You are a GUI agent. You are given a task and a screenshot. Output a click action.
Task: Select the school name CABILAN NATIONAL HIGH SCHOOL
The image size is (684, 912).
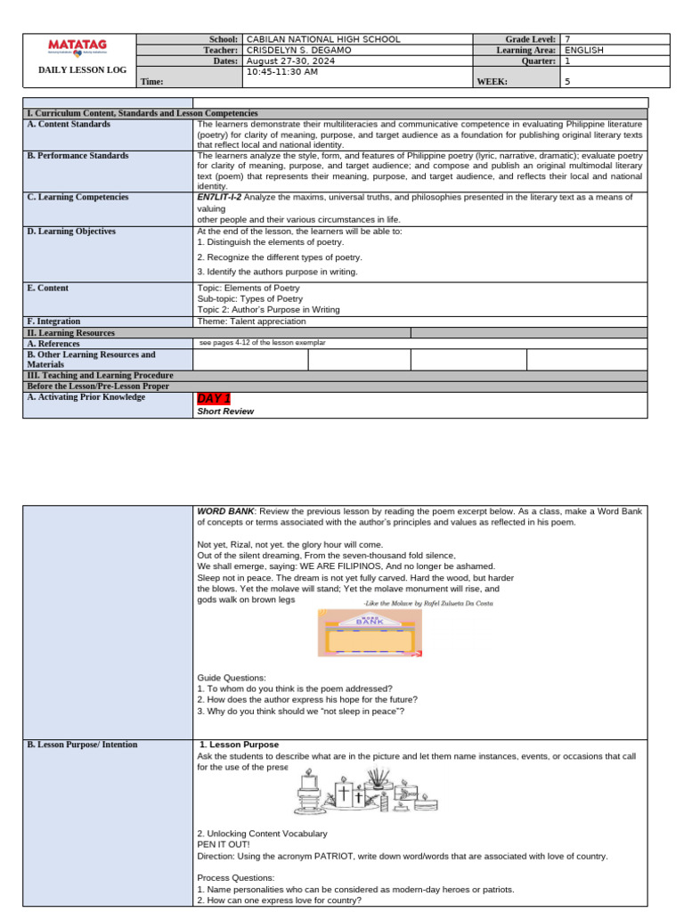coord(322,39)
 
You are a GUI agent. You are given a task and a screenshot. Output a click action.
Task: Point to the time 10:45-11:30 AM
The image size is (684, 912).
coord(282,71)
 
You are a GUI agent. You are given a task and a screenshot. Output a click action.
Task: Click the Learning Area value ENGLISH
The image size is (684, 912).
coord(584,50)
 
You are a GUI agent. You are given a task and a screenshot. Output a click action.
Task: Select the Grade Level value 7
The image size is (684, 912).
coord(568,39)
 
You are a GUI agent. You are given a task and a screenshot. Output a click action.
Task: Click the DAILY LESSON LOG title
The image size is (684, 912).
coord(76,69)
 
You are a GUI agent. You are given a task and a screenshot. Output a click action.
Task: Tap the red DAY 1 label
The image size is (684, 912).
coord(213,398)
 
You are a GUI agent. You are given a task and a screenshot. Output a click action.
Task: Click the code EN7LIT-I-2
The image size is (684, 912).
coord(219,197)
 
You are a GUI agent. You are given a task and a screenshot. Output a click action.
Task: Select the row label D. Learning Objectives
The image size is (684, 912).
coord(71,232)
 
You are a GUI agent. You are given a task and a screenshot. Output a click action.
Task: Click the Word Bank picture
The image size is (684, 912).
coord(370,632)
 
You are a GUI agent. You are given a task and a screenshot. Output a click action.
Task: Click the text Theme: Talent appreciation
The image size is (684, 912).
coord(251,322)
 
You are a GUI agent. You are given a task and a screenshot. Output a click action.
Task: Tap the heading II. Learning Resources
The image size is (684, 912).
coord(71,332)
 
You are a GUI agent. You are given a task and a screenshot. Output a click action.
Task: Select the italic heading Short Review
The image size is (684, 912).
coord(225,411)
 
